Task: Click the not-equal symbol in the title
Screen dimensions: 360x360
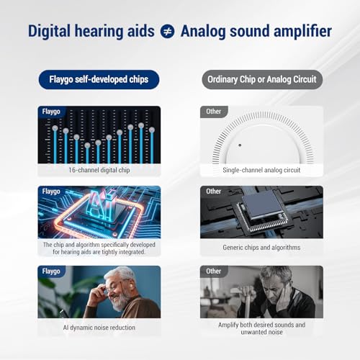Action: point(167,32)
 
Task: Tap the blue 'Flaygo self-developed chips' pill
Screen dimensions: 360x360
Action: point(99,79)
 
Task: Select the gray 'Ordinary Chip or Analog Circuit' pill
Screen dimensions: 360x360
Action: point(262,79)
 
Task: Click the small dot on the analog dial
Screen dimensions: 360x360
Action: point(240,145)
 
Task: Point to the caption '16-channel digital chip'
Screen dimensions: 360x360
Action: point(99,170)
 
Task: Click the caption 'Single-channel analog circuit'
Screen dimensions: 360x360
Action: point(261,170)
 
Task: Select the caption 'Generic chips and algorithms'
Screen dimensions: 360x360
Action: point(261,248)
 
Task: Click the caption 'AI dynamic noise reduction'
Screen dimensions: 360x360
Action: point(99,328)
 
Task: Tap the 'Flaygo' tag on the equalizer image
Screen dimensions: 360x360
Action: point(51,112)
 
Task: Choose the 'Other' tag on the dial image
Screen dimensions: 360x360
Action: point(213,112)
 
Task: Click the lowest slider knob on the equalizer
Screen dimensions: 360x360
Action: point(87,145)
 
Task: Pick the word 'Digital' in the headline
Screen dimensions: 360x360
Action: point(49,32)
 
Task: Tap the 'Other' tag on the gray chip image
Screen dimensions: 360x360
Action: point(213,192)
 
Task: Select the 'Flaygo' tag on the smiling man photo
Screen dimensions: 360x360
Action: point(51,271)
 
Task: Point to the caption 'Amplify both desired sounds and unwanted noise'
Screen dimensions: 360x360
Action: point(261,328)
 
